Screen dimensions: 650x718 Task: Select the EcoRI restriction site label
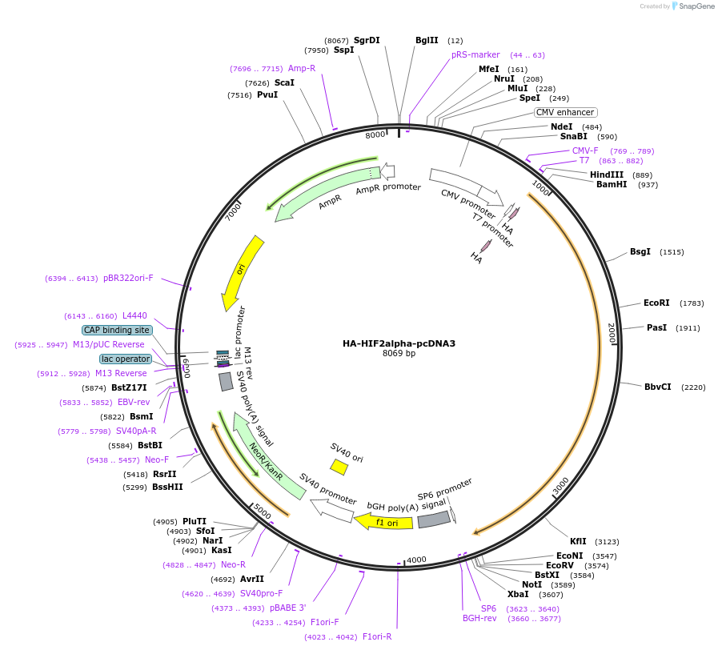[656, 303]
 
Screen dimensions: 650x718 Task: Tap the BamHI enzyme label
[612, 184]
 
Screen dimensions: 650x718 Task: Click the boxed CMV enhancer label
[565, 113]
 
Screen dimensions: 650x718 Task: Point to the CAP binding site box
[116, 330]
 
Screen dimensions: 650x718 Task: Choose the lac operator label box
[126, 359]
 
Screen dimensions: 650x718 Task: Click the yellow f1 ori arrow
[383, 522]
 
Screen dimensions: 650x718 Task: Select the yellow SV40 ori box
[339, 466]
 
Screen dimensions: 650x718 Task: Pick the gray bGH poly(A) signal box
[433, 520]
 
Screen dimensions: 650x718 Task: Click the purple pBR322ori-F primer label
[128, 279]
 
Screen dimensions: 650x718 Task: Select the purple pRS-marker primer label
[475, 54]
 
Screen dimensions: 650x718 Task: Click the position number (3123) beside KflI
[606, 542]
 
